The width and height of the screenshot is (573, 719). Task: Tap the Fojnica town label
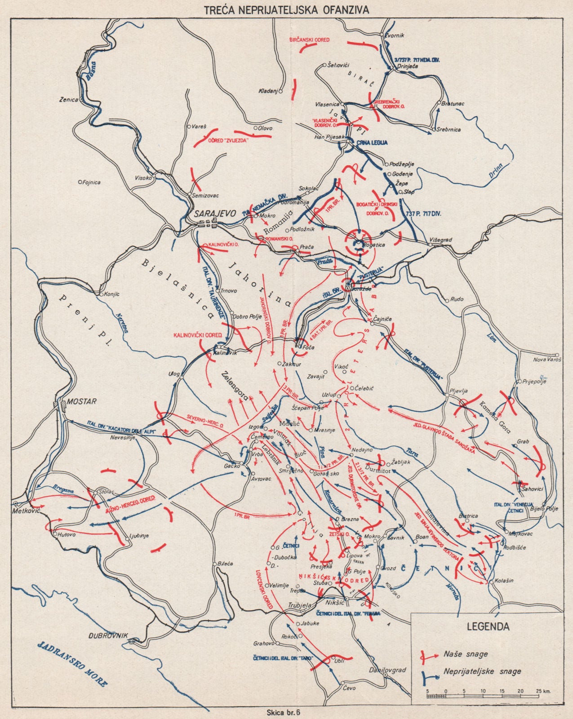pos(91,182)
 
